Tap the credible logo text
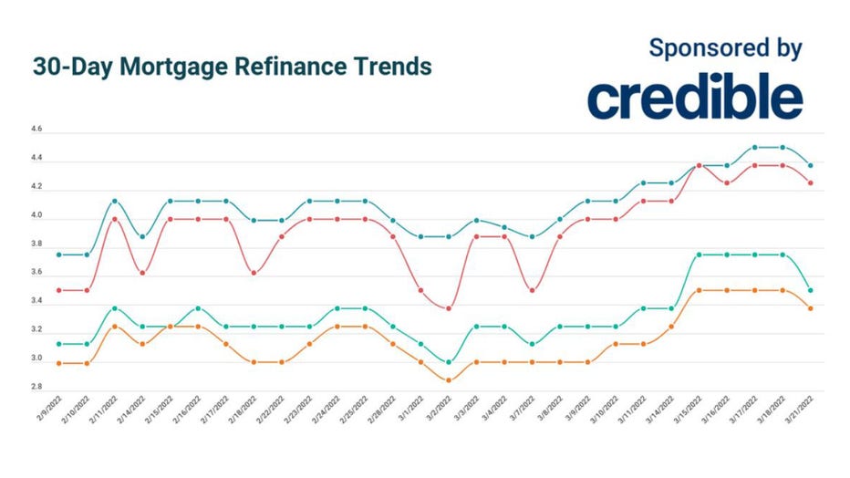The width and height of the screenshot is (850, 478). click(694, 99)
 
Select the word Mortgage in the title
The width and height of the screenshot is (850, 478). click(176, 68)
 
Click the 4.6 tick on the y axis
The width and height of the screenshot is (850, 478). click(36, 132)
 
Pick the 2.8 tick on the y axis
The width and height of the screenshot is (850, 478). click(36, 390)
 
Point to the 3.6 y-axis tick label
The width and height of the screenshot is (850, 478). click(36, 275)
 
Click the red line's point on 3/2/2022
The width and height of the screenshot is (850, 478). click(449, 308)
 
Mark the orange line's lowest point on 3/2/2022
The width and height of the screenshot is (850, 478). click(449, 380)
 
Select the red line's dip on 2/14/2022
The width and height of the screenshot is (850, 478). click(142, 272)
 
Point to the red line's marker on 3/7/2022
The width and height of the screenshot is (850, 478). click(533, 290)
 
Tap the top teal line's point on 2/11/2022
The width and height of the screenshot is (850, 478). click(114, 201)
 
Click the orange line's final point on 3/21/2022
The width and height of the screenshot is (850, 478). click(811, 308)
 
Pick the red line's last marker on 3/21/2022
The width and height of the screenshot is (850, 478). click(811, 182)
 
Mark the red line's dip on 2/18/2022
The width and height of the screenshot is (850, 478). click(254, 272)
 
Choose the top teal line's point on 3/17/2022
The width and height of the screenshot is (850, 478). click(755, 147)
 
